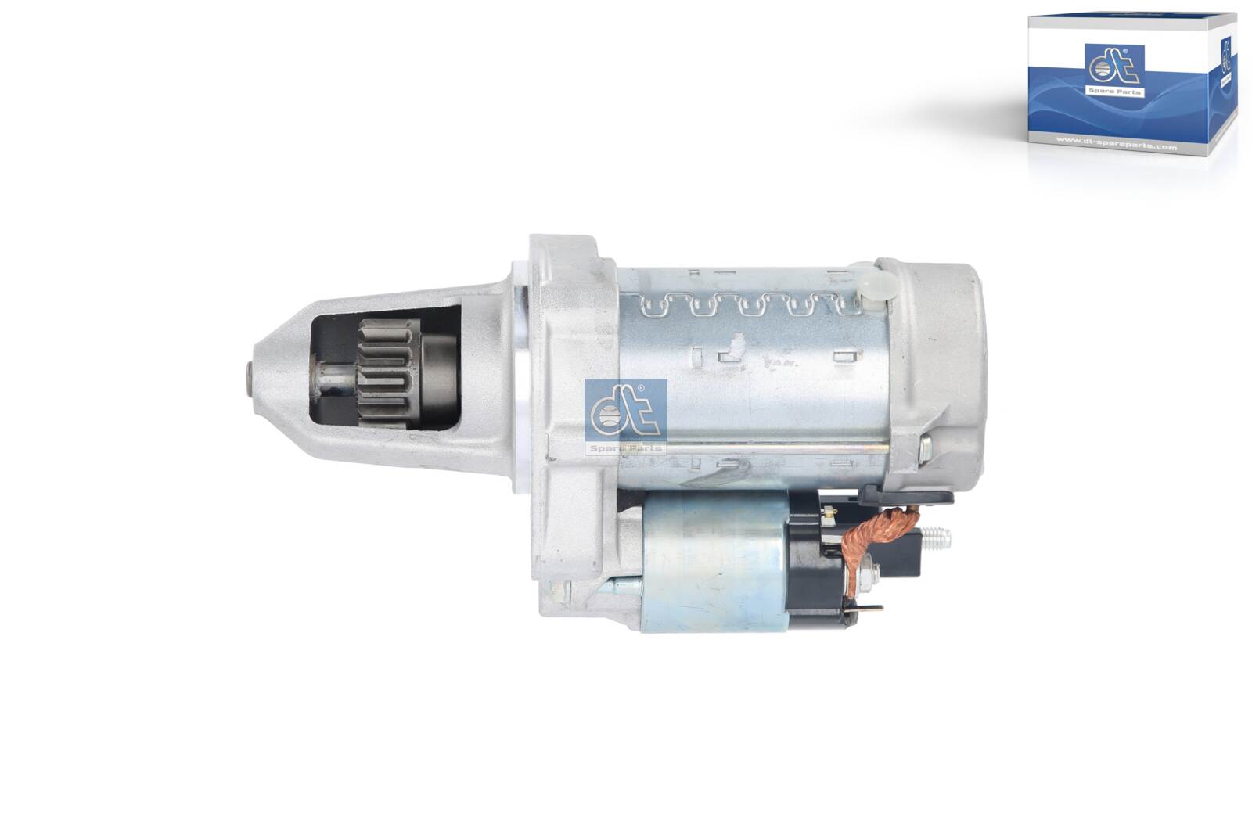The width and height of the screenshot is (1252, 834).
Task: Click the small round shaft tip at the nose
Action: (x=250, y=380)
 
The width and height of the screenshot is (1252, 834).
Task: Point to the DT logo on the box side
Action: (x=1226, y=59)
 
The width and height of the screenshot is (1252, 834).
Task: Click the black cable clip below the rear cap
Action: (x=908, y=496)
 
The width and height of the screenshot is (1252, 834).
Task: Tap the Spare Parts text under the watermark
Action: (x=625, y=448)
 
